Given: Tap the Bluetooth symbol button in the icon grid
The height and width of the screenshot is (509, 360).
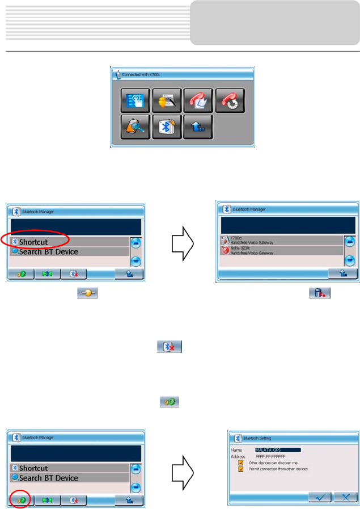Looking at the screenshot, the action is click(164, 127).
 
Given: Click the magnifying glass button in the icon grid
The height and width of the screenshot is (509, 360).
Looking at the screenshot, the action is click(134, 127).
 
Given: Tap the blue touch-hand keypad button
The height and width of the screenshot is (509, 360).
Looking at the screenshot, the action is click(134, 100).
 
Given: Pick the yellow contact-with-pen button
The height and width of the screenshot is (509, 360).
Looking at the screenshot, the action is click(166, 100).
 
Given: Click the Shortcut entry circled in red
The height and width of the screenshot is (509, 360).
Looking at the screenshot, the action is click(35, 241).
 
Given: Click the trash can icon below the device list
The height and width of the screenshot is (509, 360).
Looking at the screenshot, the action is click(320, 293).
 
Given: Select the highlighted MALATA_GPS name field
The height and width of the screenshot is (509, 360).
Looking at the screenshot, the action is click(277, 450).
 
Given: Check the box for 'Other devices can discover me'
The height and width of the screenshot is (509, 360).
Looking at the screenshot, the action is click(240, 462).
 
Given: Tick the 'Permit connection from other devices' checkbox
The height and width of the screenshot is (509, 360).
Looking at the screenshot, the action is click(240, 469).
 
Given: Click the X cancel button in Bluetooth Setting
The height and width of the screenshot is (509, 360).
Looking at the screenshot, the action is click(345, 497).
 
